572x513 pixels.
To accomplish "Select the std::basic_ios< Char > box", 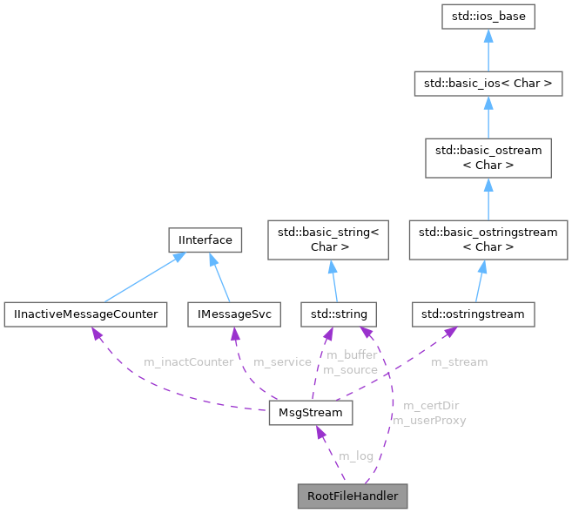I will (488, 84).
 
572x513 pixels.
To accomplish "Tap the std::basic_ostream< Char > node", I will (488, 158).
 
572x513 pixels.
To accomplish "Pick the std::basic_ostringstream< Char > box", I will (488, 238).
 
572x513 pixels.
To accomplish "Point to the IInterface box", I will (204, 238).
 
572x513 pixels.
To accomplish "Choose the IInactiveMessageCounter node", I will (84, 313).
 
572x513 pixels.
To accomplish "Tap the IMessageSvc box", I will (233, 313).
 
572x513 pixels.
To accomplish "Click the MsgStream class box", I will (311, 412).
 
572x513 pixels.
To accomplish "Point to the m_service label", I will (281, 361).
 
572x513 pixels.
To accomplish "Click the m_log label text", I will (355, 456).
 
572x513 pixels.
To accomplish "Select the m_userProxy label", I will (429, 420).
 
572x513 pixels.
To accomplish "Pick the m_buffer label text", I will (351, 355).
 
